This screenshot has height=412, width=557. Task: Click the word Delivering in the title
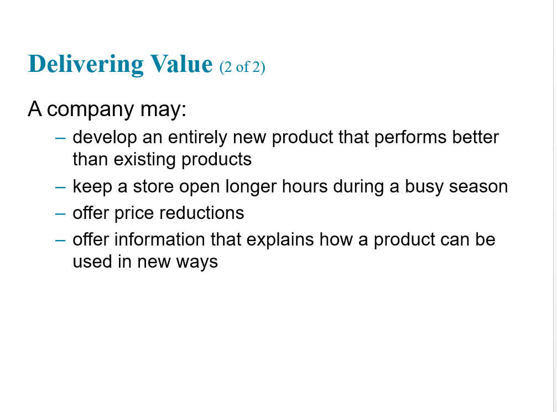coord(86,64)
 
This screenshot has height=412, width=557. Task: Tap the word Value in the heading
coord(181,64)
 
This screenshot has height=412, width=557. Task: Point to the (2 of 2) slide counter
coord(242,67)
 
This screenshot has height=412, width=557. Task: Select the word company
coord(90,109)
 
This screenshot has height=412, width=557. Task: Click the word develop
coord(105,138)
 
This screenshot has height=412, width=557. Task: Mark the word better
coord(476,137)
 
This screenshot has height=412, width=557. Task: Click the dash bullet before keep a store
coord(60,187)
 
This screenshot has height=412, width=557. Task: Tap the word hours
coord(305,186)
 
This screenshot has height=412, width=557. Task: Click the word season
coord(478,187)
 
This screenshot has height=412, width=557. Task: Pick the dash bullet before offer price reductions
coord(60,213)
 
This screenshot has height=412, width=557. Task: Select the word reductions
coord(202,213)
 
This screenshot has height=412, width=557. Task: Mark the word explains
coord(280,240)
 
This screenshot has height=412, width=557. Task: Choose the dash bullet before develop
coord(60,138)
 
